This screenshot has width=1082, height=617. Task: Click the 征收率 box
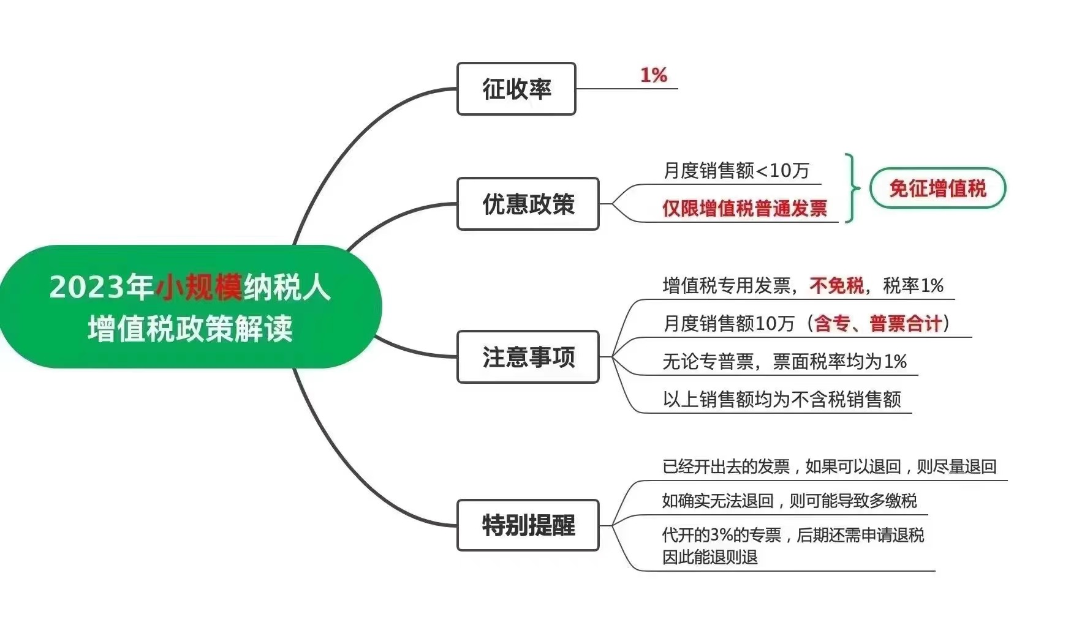(516, 89)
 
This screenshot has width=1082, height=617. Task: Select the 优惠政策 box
(528, 204)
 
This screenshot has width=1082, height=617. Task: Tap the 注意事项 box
(528, 357)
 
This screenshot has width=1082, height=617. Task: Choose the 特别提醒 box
(528, 525)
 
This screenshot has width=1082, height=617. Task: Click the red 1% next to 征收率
(653, 75)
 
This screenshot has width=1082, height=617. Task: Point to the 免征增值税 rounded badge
(937, 189)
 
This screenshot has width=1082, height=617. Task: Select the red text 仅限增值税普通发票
(744, 208)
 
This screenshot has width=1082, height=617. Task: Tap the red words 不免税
(836, 285)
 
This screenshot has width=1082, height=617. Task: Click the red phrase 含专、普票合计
(877, 323)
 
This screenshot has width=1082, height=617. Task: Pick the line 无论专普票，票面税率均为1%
(784, 361)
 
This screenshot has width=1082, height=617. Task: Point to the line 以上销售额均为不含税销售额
(781, 399)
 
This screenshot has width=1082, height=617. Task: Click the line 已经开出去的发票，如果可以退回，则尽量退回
(829, 466)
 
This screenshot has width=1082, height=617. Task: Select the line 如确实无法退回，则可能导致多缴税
(789, 501)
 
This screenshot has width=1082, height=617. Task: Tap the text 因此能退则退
(709, 557)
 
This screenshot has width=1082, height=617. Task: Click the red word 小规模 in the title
(199, 286)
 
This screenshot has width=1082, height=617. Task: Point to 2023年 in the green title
(101, 286)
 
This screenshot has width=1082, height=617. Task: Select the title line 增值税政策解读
(190, 329)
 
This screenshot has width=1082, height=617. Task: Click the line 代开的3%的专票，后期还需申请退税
(793, 535)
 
